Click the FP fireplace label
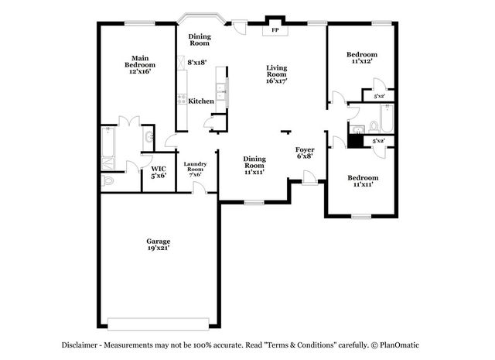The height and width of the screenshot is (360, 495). [275, 30]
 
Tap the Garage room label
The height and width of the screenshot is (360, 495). [158, 241]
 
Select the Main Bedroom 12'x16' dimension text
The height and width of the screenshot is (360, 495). [140, 71]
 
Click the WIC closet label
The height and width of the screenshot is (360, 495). [159, 169]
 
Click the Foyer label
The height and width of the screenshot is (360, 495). [305, 149]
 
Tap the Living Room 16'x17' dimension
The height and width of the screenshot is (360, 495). [277, 81]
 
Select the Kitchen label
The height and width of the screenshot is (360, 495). [201, 101]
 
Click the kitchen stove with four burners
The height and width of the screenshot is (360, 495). [182, 99]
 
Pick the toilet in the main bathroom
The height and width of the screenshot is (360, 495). [108, 181]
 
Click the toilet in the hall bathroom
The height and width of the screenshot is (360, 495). [374, 127]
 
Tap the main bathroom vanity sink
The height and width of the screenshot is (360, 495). [148, 138]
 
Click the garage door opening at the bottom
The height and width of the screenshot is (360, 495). [158, 324]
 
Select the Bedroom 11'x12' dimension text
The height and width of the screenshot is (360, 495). [361, 61]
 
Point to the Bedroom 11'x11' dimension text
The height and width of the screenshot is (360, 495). [363, 184]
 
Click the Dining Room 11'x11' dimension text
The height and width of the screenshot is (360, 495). [254, 172]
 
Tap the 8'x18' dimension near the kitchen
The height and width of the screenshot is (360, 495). [197, 62]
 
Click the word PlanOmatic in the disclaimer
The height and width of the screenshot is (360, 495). [399, 345]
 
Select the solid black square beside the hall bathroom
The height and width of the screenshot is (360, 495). [356, 141]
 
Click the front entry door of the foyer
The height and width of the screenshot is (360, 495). [309, 177]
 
